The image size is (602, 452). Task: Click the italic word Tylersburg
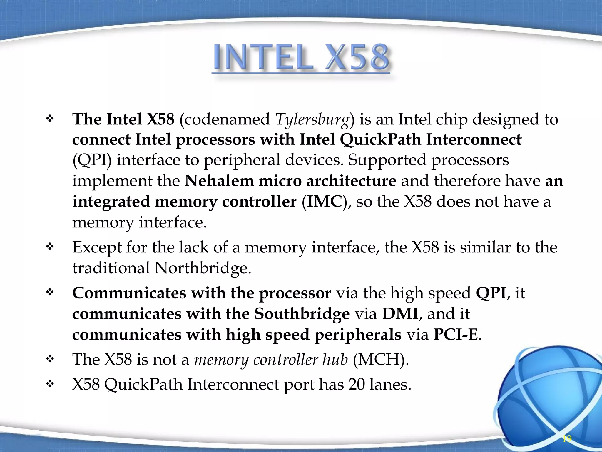tap(312, 120)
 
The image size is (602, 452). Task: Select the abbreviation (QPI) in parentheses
tap(92, 161)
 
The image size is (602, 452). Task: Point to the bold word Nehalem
tap(219, 181)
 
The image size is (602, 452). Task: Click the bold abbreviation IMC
tap(325, 202)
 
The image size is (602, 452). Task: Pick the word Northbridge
tap(203, 268)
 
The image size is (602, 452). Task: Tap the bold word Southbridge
tap(302, 314)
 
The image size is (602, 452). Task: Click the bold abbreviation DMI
tap(400, 314)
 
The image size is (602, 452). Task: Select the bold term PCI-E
tap(456, 335)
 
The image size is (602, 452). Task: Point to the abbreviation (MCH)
tap(381, 359)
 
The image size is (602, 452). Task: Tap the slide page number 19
tap(567, 439)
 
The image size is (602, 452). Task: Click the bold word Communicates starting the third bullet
tap(129, 293)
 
